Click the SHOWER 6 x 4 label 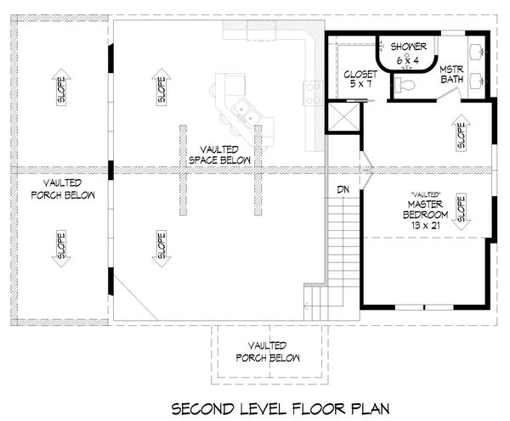pos(409,53)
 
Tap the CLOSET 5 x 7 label pos(360,79)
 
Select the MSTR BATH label pos(452,75)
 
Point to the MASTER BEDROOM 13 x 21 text pos(426,215)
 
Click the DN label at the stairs pos(343,189)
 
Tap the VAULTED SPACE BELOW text pos(220,154)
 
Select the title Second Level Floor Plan pos(280,408)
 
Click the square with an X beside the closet pos(343,117)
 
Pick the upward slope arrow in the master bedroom pos(461,132)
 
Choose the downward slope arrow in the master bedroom pos(461,212)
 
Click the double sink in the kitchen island pos(246,111)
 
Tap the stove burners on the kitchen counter pos(313,93)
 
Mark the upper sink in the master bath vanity pos(476,52)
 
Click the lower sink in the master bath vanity pos(476,80)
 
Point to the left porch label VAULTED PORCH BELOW pos(63,188)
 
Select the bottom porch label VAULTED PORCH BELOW pos(268,351)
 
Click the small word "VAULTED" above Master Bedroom pos(426,194)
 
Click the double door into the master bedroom pos(367,169)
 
